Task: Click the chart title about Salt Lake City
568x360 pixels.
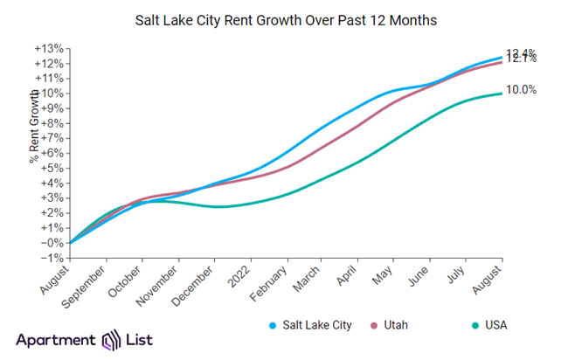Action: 284,18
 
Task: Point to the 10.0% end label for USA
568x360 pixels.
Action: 522,90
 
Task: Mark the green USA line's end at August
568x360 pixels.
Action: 501,93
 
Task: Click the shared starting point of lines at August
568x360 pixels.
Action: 70,243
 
